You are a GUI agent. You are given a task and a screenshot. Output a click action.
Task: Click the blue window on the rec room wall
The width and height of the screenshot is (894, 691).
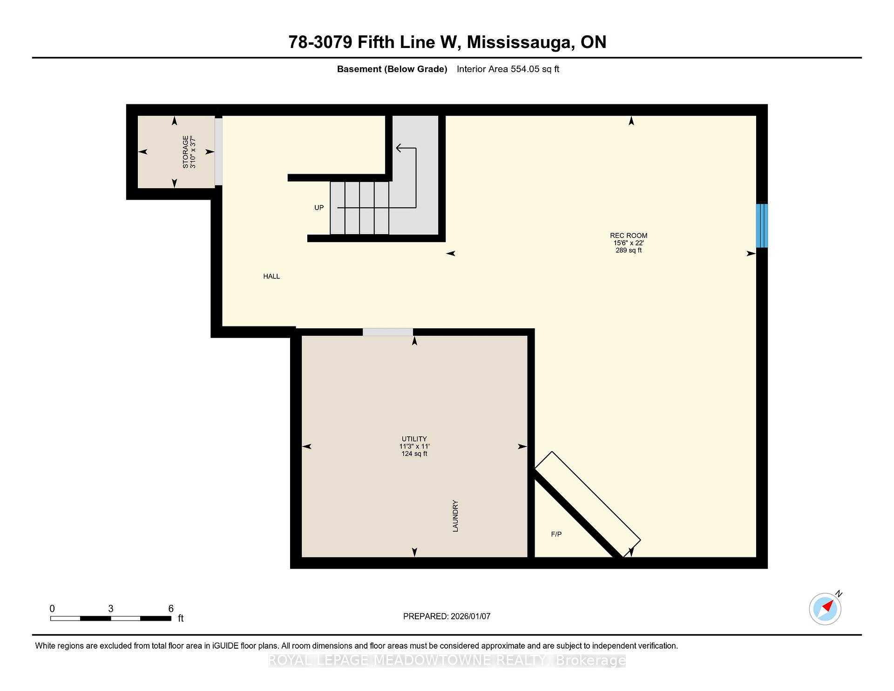[761, 226]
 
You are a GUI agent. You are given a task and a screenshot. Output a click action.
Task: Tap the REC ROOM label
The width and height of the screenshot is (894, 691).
[629, 236]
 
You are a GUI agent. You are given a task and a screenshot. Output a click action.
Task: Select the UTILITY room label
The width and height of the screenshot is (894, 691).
[414, 439]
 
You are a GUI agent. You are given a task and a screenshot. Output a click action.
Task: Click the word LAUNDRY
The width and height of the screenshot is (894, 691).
[455, 516]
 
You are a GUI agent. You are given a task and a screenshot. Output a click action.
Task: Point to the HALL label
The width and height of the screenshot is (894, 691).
[271, 276]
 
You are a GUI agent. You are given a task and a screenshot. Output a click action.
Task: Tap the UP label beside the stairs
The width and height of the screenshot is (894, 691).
[319, 208]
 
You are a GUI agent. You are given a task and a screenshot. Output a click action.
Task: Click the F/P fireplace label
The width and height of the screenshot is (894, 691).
[556, 534]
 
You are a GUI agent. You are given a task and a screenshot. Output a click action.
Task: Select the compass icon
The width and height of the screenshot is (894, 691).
[825, 609]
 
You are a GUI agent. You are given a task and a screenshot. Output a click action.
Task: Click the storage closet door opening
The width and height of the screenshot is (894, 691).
[218, 151]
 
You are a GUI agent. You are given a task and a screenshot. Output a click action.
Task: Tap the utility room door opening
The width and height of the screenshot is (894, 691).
[388, 332]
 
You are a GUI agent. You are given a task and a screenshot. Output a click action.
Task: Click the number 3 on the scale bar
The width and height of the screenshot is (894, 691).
[111, 609]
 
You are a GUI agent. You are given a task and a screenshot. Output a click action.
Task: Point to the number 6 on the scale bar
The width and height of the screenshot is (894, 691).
[171, 609]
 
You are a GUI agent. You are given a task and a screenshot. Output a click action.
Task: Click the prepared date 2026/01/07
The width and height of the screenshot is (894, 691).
[470, 616]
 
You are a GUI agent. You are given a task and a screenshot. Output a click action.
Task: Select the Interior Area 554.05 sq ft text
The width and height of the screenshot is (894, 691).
[508, 69]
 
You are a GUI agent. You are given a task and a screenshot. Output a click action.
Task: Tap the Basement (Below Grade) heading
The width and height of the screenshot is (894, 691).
[392, 69]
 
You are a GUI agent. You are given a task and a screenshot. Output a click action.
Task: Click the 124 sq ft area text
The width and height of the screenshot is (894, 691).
[414, 454]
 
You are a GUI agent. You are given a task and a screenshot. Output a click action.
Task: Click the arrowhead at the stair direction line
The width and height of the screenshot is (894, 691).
[399, 148]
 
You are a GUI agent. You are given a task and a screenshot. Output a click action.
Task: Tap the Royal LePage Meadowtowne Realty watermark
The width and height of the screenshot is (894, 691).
[447, 660]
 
